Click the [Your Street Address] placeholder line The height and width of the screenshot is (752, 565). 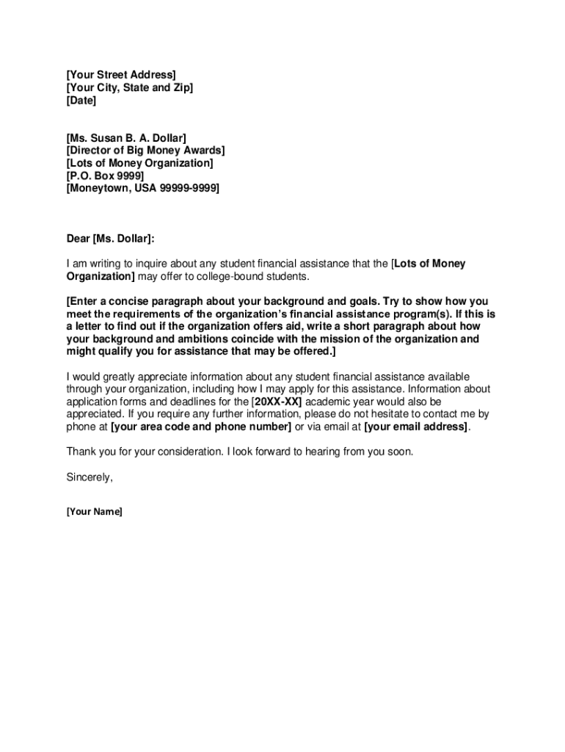click(121, 75)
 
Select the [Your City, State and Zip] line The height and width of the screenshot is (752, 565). click(130, 88)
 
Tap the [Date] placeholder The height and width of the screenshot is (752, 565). click(81, 101)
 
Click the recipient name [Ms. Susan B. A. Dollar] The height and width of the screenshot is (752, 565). click(126, 138)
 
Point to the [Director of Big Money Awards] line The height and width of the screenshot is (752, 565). click(145, 151)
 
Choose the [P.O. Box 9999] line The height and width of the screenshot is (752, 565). click(105, 176)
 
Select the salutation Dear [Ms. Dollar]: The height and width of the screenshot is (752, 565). click(111, 239)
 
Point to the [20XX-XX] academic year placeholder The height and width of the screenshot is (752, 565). click(277, 402)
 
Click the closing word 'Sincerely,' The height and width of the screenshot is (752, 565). click(90, 477)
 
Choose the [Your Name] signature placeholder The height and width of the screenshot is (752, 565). click(94, 512)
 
